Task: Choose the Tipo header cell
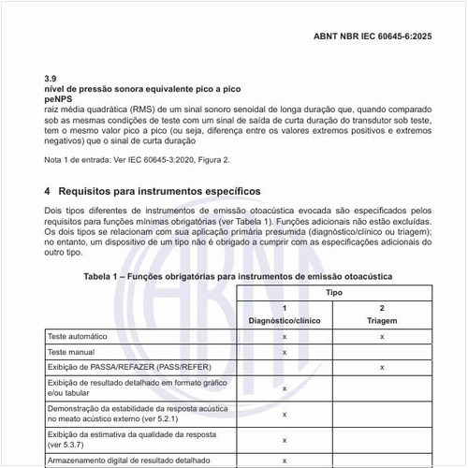coord(332,293)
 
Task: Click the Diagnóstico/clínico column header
coord(284,320)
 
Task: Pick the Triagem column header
coord(382,320)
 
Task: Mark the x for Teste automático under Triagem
coord(382,335)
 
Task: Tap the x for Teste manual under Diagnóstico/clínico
coord(284,352)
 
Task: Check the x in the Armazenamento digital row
coord(284,461)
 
